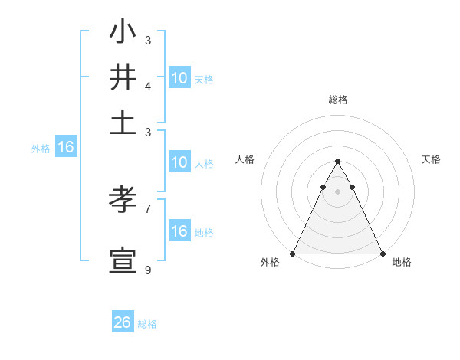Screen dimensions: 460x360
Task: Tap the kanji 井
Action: click(x=123, y=77)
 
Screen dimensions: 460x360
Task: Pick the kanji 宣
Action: click(x=123, y=260)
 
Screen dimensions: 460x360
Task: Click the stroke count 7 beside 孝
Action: click(x=148, y=208)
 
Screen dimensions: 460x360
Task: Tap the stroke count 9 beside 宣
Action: click(x=148, y=270)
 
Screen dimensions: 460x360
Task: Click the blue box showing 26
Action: click(x=123, y=322)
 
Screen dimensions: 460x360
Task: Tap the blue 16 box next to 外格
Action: click(x=65, y=148)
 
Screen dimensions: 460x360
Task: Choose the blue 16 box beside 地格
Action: click(x=179, y=232)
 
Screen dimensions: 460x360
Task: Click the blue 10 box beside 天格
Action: click(x=179, y=78)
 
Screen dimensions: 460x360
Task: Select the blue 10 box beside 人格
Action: click(x=179, y=162)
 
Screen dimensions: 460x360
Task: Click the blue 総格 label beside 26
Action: click(x=147, y=324)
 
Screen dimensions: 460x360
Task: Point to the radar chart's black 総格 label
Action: click(x=337, y=100)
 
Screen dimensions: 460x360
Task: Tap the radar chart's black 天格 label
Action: click(x=431, y=159)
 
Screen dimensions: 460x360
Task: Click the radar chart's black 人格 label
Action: click(x=245, y=159)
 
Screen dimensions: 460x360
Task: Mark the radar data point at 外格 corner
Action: click(x=293, y=254)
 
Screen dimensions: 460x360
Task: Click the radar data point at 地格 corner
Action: click(x=382, y=254)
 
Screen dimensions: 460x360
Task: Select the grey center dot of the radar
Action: click(x=337, y=191)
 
